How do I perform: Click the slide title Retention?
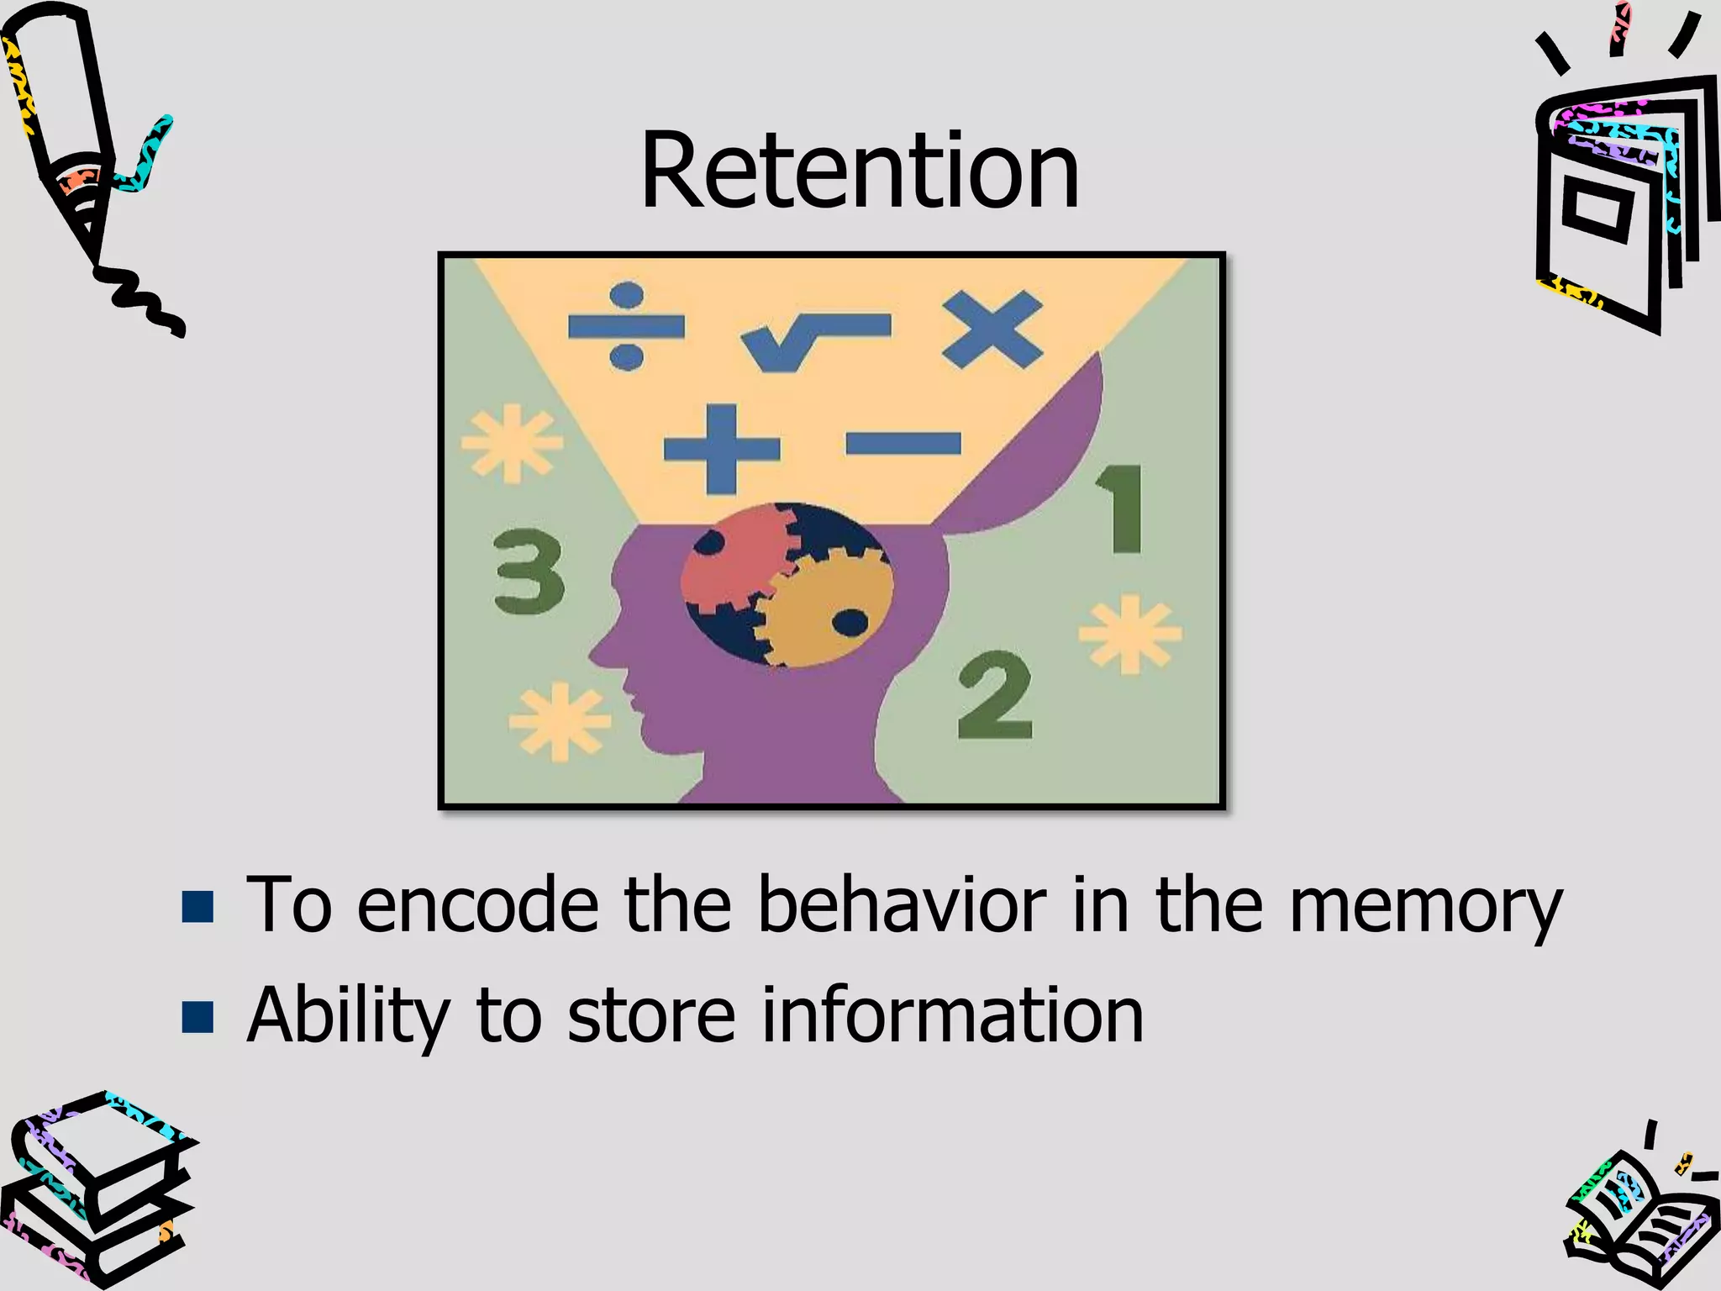(859, 172)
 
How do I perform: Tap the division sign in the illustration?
(626, 326)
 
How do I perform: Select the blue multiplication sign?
(992, 329)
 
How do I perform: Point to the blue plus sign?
(721, 449)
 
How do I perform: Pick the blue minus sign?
(903, 443)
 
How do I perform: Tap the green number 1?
(1123, 509)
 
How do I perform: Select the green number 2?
(995, 695)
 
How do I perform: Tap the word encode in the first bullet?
(477, 905)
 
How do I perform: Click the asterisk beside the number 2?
(1130, 635)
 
